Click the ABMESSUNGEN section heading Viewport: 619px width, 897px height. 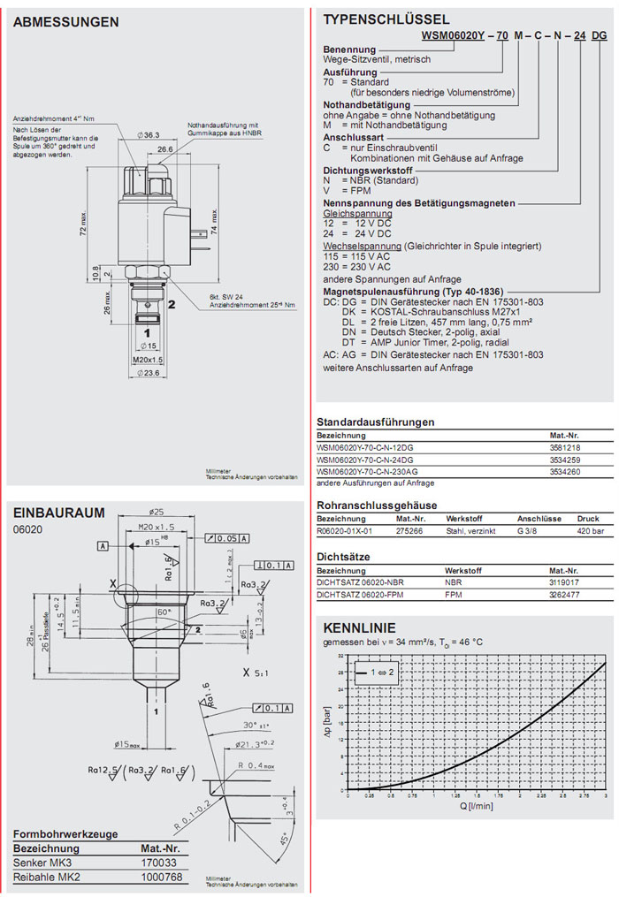tap(65, 22)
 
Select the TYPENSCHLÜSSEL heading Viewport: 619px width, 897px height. tap(386, 19)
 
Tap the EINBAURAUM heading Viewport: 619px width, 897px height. tap(58, 513)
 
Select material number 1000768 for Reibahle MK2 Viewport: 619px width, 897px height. tap(162, 877)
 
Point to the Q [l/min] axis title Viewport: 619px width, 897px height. tap(476, 806)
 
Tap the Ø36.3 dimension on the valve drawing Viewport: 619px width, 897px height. tap(148, 134)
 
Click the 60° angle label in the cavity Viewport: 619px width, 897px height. tap(164, 611)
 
